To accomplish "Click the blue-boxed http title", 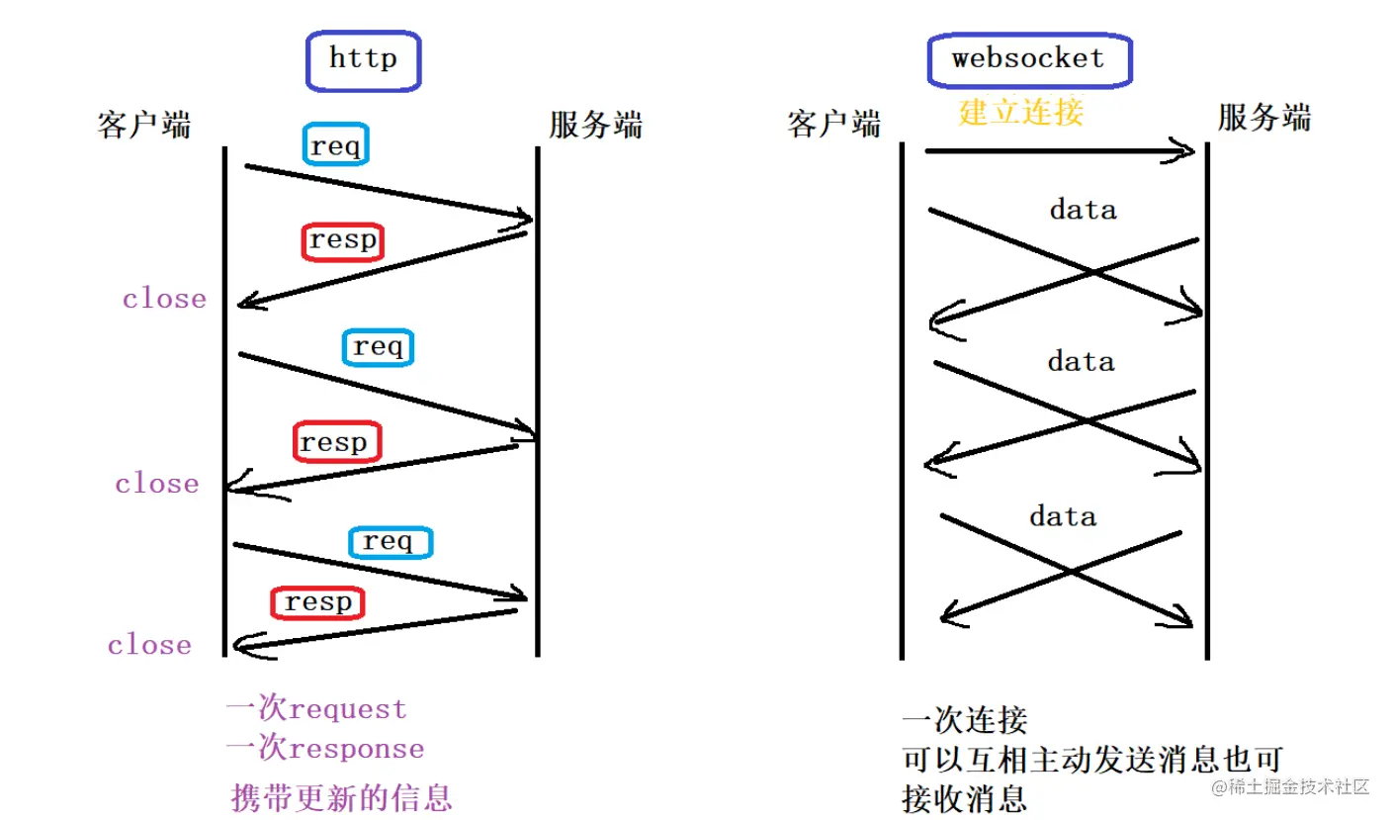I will (363, 59).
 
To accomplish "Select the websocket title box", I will (1028, 59).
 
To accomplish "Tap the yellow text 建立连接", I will (1021, 112).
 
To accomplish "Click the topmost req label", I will (336, 146).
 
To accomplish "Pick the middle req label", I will (378, 347).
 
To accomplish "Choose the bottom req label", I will (391, 541).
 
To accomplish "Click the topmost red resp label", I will (342, 241).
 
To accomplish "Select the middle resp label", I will (335, 442).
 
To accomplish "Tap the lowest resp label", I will (317, 602).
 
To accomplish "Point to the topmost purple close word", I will (164, 299).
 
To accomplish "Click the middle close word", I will (156, 484).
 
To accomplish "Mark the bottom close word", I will (149, 645).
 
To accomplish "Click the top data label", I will (1083, 210).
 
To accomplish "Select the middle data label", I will (1081, 362).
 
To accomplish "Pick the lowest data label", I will (1063, 516).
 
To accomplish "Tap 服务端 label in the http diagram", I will (595, 126).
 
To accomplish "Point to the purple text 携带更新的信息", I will (341, 797).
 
